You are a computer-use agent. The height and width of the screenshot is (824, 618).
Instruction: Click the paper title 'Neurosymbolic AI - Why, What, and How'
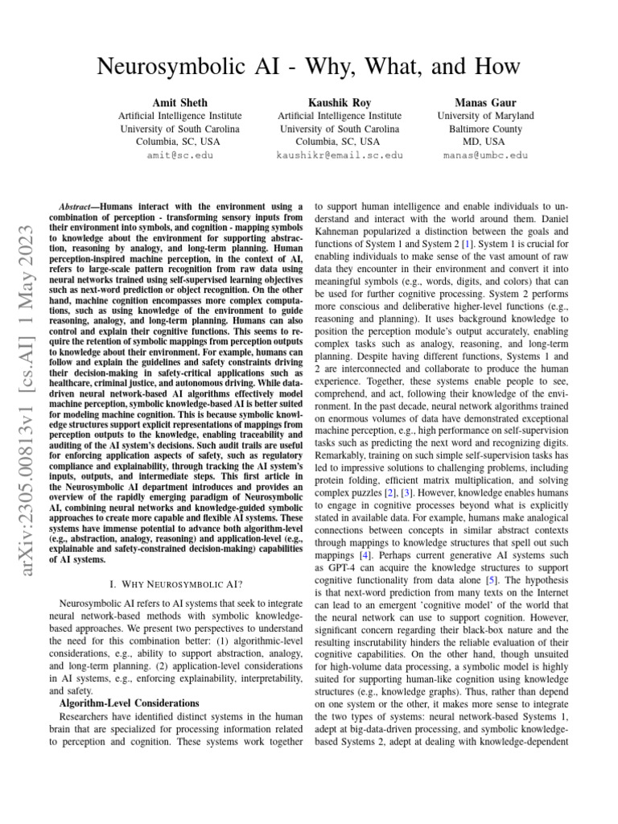[308, 67]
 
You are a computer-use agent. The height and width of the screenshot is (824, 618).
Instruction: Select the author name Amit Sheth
[179, 103]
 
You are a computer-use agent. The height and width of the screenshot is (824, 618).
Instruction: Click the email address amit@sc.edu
[179, 154]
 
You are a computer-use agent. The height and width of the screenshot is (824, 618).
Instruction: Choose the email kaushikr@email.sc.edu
[339, 154]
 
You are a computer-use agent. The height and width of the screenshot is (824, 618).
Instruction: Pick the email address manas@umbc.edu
[485, 154]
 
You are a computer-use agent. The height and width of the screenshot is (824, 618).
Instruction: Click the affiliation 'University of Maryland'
[485, 116]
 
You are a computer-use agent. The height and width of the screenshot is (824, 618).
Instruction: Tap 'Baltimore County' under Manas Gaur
[485, 129]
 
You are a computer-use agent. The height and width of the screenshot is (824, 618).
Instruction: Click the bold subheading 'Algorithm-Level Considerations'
[129, 702]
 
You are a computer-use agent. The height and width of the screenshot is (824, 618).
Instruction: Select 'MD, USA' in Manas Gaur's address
[485, 142]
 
